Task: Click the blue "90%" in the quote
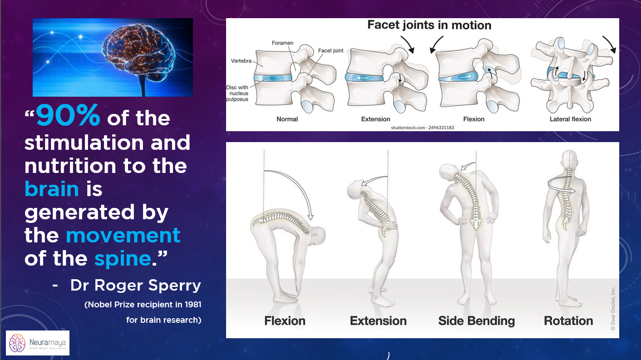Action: point(68,117)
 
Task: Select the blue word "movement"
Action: point(123,235)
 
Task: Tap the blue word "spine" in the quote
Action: point(122,258)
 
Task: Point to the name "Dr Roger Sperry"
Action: point(135,286)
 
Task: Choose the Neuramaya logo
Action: point(37,343)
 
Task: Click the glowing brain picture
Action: point(113,57)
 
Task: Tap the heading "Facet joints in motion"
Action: point(429,25)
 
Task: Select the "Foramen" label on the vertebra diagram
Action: point(282,43)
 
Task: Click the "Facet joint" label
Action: point(331,50)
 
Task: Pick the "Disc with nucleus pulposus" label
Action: point(237,93)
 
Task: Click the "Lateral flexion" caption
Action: point(570,119)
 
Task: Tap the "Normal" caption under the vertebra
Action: point(287,119)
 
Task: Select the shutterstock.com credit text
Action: point(422,128)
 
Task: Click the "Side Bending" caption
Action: point(476,321)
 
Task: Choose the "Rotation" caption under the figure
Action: point(568,321)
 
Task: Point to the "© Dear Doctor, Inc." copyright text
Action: point(612,309)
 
